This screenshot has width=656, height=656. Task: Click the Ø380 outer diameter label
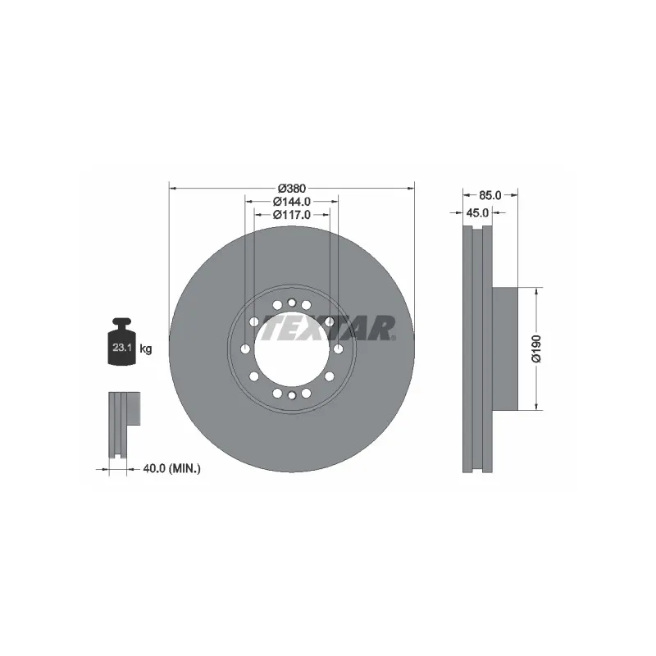[291, 188]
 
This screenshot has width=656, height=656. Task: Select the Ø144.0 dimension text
[291, 201]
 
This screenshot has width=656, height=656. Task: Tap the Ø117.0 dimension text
[291, 215]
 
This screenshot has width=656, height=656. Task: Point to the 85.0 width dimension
[490, 195]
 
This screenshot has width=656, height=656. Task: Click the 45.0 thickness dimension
[477, 212]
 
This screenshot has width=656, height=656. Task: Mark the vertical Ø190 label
[535, 348]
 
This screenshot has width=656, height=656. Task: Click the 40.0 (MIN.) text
[171, 468]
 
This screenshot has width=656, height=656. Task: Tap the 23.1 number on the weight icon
[121, 348]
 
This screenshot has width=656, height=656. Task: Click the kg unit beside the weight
[146, 348]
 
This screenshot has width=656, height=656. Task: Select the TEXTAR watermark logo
[328, 329]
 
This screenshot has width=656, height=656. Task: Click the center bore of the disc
[291, 348]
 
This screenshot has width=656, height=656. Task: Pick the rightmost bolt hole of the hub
[338, 349]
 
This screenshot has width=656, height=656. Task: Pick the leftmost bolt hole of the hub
[245, 349]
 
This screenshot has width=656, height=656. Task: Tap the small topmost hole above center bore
[291, 303]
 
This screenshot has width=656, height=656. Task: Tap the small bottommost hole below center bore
[291, 395]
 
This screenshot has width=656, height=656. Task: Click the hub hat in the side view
[506, 348]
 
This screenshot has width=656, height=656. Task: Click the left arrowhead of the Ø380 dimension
[172, 188]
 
